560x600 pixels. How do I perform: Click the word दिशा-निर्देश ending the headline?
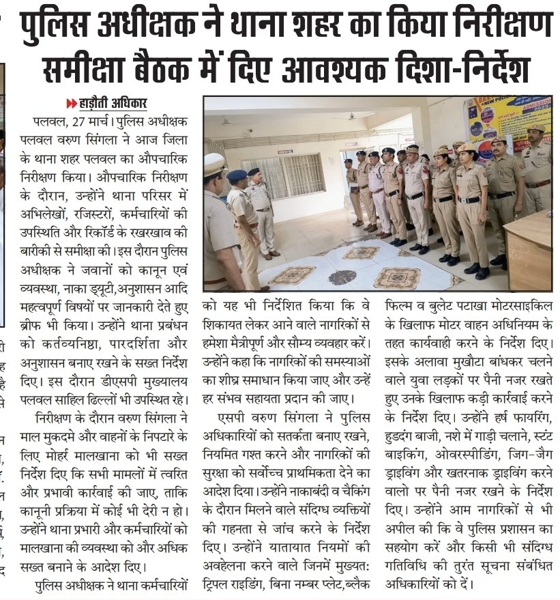pyautogui.click(x=454, y=68)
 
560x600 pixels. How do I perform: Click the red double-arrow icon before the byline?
pyautogui.click(x=71, y=104)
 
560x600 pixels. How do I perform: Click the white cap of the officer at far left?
pyautogui.click(x=214, y=162)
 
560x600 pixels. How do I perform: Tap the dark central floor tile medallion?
pyautogui.click(x=342, y=276)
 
